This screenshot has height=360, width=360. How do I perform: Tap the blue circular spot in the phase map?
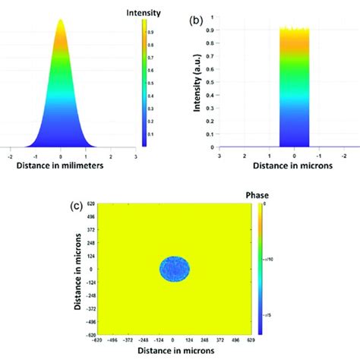point(175,269)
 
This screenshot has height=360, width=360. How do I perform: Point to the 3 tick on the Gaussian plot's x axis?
point(135,155)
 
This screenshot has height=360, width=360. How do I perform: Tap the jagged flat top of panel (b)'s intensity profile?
point(295,30)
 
